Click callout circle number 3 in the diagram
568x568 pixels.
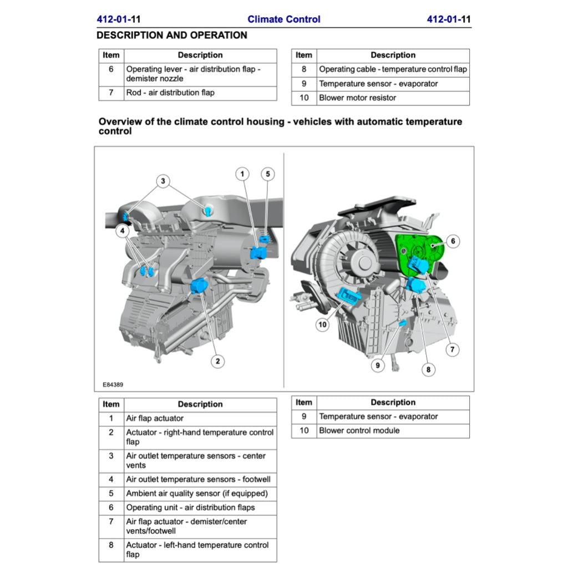(163, 181)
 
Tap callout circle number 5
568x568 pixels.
(267, 174)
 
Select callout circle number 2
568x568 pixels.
(218, 361)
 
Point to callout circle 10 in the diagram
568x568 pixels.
(323, 324)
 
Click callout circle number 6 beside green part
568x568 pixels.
(453, 241)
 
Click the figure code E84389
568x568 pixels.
(113, 384)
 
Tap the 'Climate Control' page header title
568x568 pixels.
(283, 19)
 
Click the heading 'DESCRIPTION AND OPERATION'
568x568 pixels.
(171, 35)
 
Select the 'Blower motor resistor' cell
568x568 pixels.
(357, 98)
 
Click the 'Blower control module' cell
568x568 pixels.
(359, 430)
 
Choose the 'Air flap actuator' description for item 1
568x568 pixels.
(154, 418)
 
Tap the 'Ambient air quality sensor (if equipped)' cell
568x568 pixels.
(196, 493)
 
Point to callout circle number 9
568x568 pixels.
(378, 366)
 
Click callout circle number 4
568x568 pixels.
(123, 231)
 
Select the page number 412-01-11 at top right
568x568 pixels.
(448, 19)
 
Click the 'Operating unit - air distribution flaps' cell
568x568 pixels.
(190, 507)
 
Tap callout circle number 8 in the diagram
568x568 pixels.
(428, 369)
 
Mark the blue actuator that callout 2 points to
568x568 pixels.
(198, 286)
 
